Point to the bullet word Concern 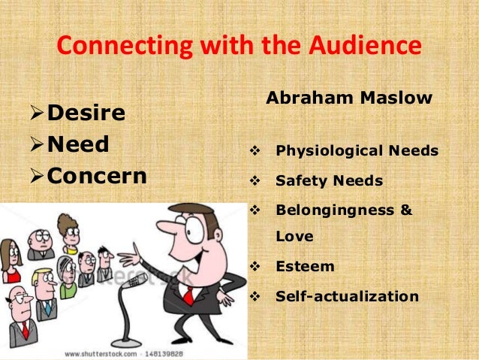[x=97, y=176]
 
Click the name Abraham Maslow [x=349, y=98]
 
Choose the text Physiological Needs [x=357, y=151]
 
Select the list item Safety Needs [x=329, y=181]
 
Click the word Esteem [x=306, y=266]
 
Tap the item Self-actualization [x=347, y=296]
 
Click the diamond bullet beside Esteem [x=253, y=266]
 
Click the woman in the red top [x=11, y=263]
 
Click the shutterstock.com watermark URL [x=101, y=353]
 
